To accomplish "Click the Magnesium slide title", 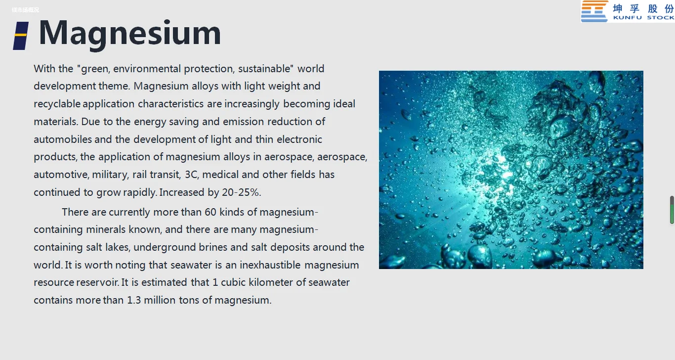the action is tap(130, 33).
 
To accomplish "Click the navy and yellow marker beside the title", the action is tap(21, 36).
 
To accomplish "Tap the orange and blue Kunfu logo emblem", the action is tap(594, 11).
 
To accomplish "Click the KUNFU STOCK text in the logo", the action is tap(644, 17).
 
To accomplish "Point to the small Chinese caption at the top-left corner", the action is tap(25, 10).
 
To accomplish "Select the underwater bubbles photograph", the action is tap(511, 170).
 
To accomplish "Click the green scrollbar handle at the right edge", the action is tap(672, 210).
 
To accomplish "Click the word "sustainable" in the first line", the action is tap(264, 69).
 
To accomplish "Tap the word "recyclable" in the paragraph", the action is tap(57, 104).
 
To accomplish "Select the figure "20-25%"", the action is tap(241, 192).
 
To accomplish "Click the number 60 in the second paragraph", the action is tap(211, 212).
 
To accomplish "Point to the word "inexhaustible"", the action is tap(270, 265).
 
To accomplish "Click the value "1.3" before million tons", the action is tap(134, 300).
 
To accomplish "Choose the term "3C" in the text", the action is tap(192, 175).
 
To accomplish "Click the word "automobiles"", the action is tap(63, 139).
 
